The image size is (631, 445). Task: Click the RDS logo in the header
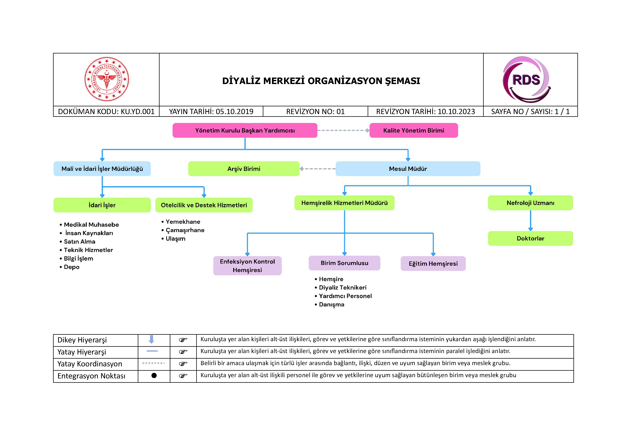click(526, 80)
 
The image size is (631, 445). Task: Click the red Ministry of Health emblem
click(107, 79)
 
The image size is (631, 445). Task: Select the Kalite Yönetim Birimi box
click(413, 130)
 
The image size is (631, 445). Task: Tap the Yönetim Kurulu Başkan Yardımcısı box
click(245, 130)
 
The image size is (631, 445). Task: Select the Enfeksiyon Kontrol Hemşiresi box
click(247, 266)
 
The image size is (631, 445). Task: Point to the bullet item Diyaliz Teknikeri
click(342, 288)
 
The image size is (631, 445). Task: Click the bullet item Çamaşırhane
click(185, 230)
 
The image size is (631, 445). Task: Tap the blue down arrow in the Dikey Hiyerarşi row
click(151, 339)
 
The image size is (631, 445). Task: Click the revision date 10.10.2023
click(456, 112)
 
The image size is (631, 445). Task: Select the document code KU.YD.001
click(137, 112)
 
